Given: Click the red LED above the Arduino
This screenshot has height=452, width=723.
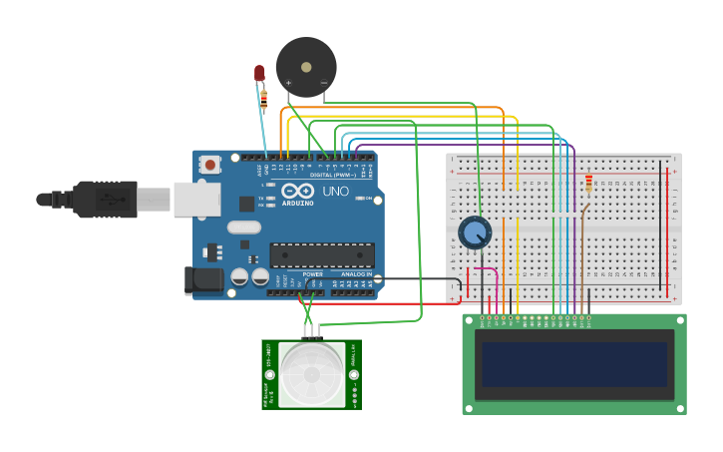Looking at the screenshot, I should click(x=259, y=73).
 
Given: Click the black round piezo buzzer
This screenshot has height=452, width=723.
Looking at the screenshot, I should click(x=306, y=65).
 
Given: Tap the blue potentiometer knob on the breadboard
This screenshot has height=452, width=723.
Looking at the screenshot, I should click(x=475, y=232).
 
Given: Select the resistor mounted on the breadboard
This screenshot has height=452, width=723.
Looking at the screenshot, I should click(x=588, y=184).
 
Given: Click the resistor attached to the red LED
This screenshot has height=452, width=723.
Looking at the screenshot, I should click(x=263, y=98).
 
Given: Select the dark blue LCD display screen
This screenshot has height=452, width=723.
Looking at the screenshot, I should click(x=574, y=364).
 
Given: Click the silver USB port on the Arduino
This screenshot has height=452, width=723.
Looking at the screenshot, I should click(x=196, y=199).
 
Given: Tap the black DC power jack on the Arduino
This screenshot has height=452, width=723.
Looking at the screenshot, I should click(x=204, y=280).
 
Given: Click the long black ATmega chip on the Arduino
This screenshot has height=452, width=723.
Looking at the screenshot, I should click(x=322, y=255).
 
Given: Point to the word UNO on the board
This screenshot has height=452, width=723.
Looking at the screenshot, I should click(x=335, y=191).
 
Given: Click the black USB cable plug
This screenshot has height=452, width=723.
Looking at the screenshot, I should click(x=105, y=199).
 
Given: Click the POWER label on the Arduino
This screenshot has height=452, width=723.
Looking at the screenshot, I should click(x=312, y=273).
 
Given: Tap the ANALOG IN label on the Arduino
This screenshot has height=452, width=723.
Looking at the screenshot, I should click(x=356, y=273).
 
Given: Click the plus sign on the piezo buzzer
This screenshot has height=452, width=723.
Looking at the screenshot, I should click(x=289, y=83).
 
